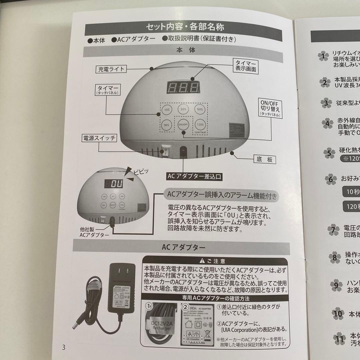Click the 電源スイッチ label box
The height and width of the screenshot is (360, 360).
pos(99,138)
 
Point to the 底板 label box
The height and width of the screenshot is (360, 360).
pos(265,159)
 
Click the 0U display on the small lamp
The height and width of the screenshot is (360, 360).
pos(114,184)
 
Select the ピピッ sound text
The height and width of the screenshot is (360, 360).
pos(140,171)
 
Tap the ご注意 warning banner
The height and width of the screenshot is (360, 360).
pos(215,261)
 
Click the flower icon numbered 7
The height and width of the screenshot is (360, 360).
pos(333,230)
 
